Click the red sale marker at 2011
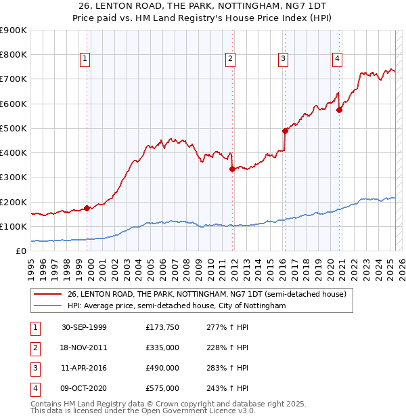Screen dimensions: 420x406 232,169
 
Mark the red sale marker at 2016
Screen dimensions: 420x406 285,131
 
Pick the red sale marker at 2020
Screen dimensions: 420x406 339,110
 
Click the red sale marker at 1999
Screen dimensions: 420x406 87,209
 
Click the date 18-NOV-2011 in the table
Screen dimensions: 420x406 84,348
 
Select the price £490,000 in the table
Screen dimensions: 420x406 162,369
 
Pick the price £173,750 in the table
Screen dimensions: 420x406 162,328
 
